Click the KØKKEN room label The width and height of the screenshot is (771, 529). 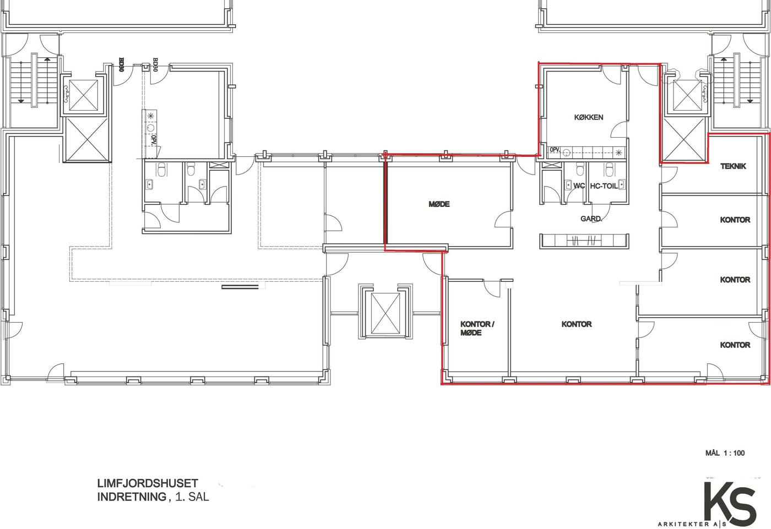tap(589, 117)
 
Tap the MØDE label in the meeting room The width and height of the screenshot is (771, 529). tap(439, 204)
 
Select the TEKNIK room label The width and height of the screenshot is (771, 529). tap(734, 166)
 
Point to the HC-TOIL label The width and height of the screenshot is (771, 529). tap(604, 186)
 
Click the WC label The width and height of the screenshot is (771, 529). tap(579, 186)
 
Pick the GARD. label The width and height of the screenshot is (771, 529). tap(591, 219)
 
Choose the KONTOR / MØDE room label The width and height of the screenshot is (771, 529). tap(477, 329)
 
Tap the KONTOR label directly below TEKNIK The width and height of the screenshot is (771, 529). tap(735, 220)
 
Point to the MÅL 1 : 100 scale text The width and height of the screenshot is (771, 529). tap(725, 453)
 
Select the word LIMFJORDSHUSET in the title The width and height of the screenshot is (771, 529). tap(148, 483)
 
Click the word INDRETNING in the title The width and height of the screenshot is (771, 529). tap(132, 497)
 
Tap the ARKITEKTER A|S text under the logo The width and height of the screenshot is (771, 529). tap(692, 524)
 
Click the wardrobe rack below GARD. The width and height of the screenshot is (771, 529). tap(584, 241)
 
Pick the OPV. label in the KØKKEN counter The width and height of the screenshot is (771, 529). tap(555, 150)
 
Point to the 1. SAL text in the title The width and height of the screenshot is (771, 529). tap(192, 497)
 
